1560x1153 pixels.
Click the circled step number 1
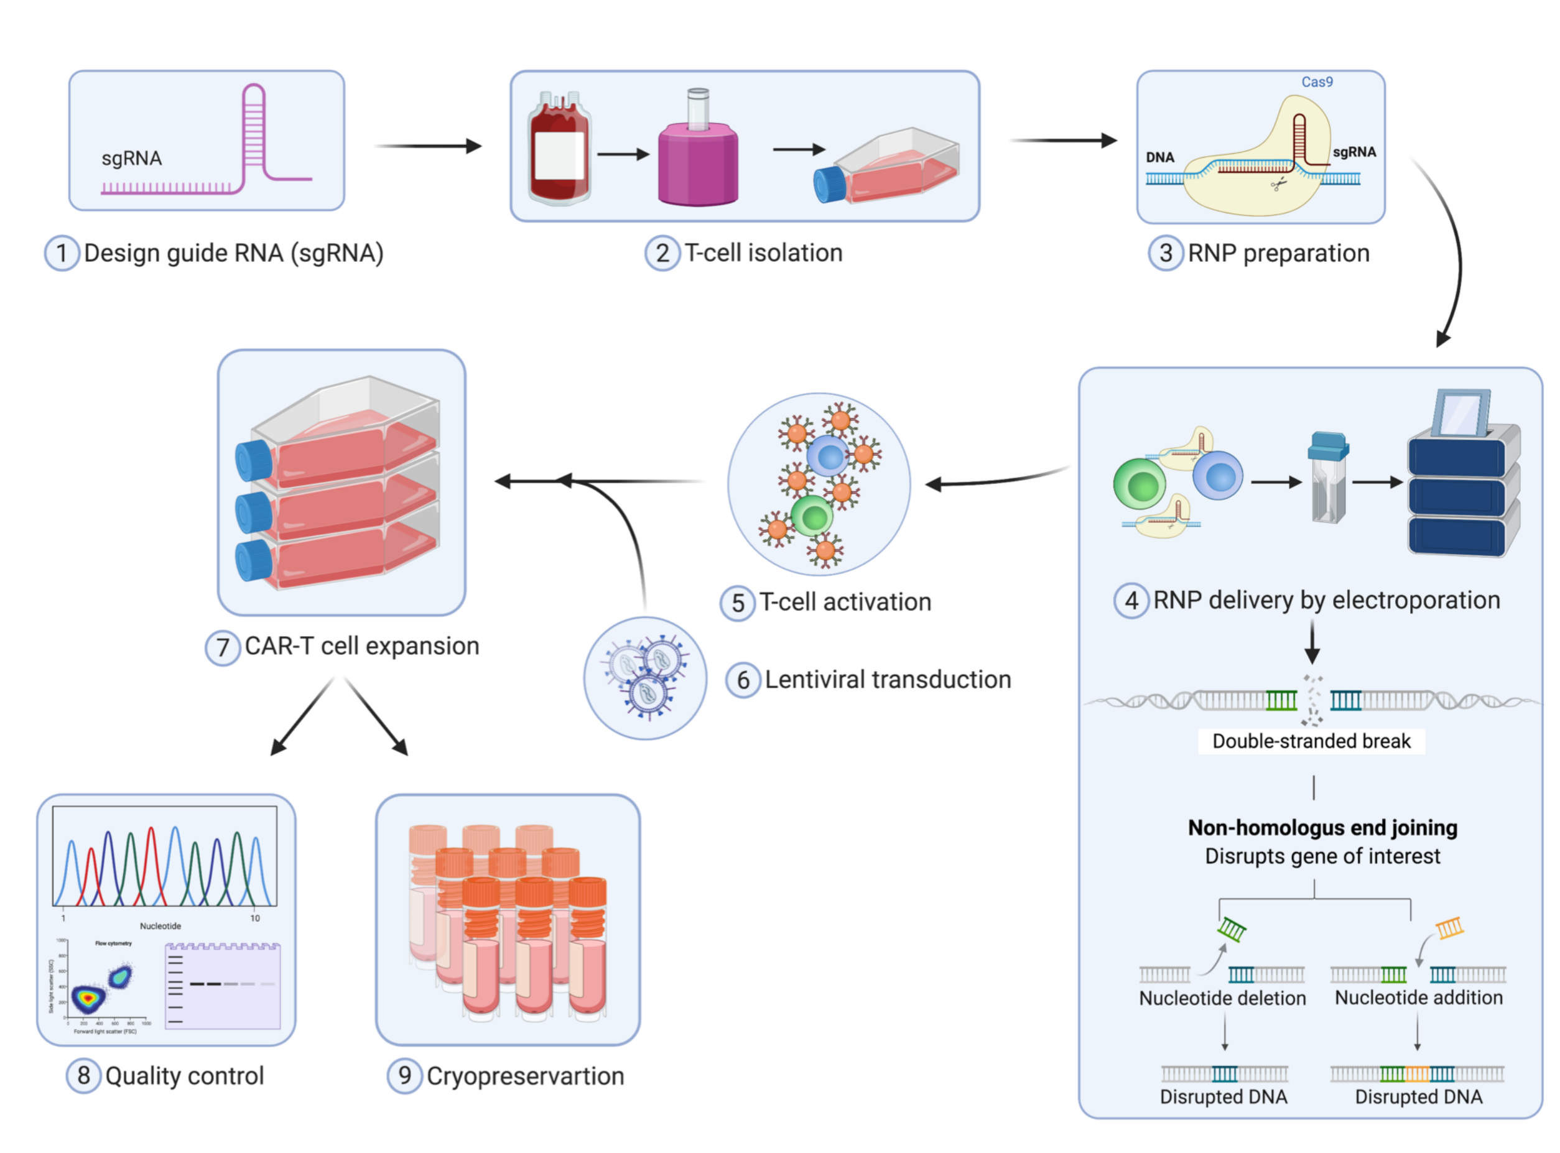coord(62,253)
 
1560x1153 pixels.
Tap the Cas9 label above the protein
coord(1316,81)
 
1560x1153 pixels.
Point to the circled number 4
coord(1131,601)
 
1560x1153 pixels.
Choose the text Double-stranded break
coord(1311,741)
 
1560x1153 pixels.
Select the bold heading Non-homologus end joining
coord(1322,828)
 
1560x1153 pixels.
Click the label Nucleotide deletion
coord(1222,998)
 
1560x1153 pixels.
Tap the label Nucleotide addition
coord(1418,998)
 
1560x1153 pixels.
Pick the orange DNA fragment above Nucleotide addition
coord(1450,928)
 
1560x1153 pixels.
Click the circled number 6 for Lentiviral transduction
coord(743,680)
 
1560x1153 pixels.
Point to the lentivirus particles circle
coord(645,678)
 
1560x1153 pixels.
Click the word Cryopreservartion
coord(525,1077)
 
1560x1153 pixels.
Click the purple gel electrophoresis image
coord(223,986)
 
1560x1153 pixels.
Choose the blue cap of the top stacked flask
coord(253,461)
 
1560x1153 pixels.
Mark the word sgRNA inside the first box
coord(131,159)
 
